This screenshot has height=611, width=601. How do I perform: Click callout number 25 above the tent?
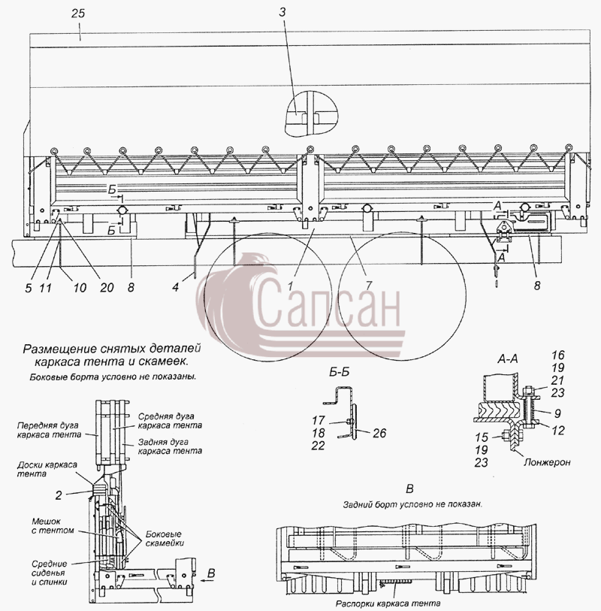pos(78,14)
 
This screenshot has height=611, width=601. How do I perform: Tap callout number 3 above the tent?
pos(282,13)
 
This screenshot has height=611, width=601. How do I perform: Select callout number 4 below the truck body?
pos(176,287)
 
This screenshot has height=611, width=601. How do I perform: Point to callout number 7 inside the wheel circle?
pos(368,286)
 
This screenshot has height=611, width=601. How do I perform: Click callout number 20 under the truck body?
pos(107,288)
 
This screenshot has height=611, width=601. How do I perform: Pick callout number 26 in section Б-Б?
pos(379,433)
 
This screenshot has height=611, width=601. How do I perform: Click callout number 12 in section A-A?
pos(557,430)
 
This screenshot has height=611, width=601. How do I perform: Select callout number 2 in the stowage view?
pos(59,495)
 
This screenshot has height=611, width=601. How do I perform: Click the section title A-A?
pos(507,359)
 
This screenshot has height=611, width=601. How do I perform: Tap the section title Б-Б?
pos(340,373)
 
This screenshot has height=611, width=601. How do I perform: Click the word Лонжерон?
pos(547,462)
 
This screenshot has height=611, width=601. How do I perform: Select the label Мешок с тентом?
pos(52,525)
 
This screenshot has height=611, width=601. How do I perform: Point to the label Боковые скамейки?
pos(164,538)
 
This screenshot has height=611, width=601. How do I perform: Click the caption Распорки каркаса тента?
pos(388,603)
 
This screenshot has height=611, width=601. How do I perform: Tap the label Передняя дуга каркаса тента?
pos(49,430)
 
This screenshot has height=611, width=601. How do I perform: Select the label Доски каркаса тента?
pos(47,469)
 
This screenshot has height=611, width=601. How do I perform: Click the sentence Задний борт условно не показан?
pos(412,504)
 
